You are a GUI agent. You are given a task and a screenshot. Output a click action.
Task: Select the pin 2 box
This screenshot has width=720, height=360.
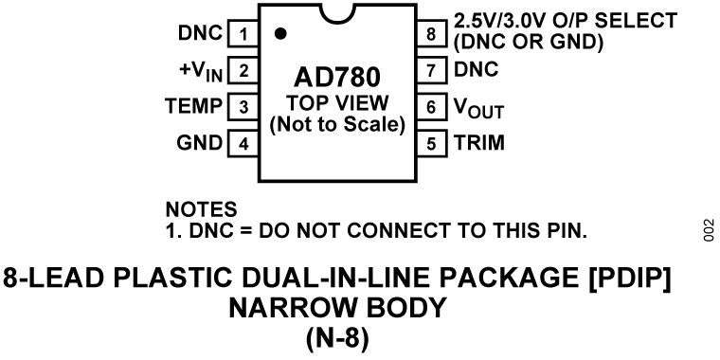pos(243,70)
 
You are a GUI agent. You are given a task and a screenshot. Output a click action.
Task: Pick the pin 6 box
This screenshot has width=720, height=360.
pos(431,107)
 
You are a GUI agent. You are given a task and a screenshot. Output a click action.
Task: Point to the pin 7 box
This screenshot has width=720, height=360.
pos(431,70)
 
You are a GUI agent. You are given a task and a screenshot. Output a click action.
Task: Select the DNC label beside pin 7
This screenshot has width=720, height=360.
pos(476,70)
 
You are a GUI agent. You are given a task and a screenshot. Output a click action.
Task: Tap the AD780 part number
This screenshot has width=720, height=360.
pos(337,76)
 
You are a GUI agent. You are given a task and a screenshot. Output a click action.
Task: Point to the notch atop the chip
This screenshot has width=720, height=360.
pos(338,13)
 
